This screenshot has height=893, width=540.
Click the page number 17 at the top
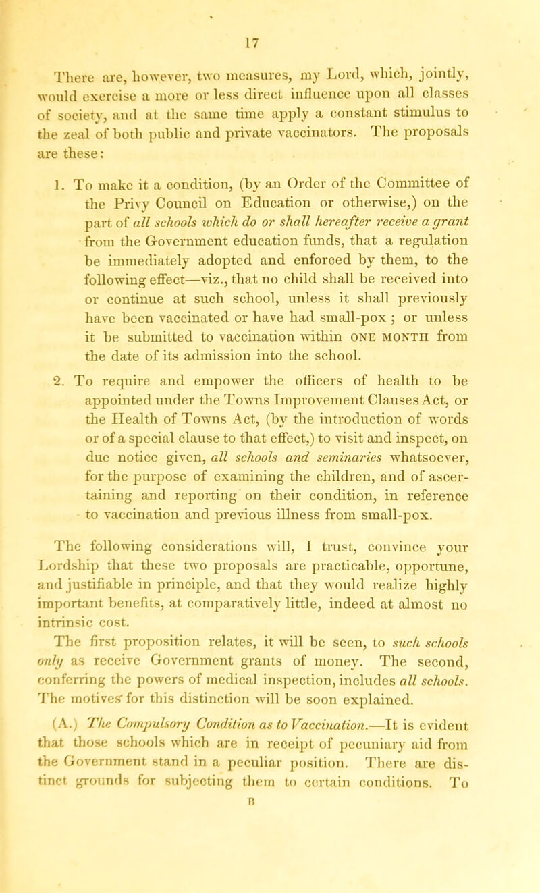[270, 12]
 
